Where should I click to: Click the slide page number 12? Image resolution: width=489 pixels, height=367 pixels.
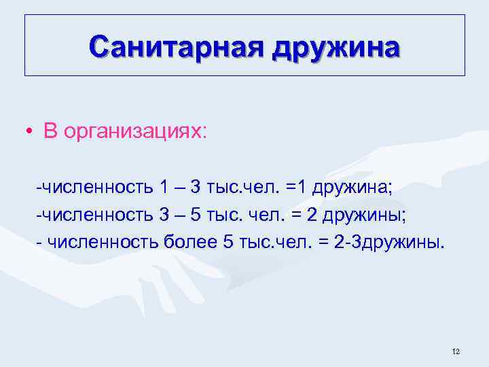[455, 351]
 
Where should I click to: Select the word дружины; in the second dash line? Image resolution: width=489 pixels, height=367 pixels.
[363, 215]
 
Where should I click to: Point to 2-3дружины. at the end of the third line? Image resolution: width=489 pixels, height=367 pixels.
[391, 243]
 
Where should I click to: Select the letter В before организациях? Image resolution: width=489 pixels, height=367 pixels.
[50, 131]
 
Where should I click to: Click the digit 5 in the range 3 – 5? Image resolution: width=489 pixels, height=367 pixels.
[196, 215]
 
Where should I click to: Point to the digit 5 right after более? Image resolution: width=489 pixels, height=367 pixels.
[228, 243]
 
